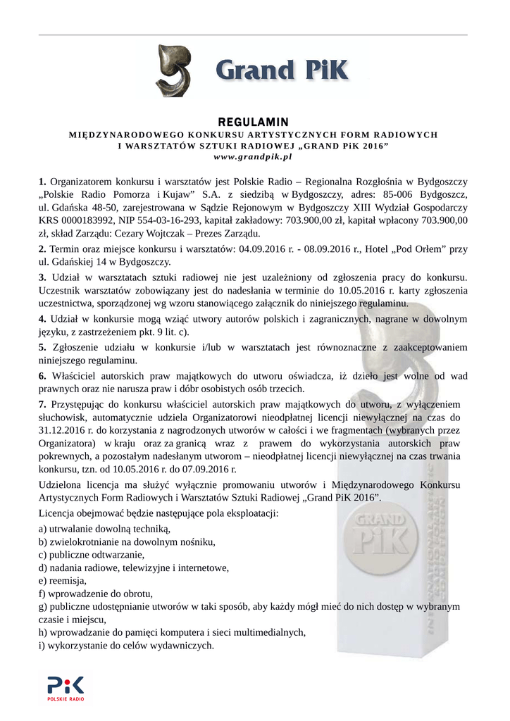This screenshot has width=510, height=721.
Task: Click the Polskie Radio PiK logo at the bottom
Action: click(66, 687)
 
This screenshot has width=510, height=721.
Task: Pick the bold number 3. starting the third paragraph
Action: click(43, 277)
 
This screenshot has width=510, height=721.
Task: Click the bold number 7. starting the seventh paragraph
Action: click(43, 403)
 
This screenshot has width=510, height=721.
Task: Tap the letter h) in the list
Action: click(44, 632)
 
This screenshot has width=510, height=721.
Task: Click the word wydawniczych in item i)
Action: click(184, 645)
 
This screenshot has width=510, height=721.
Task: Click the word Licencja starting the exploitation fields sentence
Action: click(58, 513)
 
